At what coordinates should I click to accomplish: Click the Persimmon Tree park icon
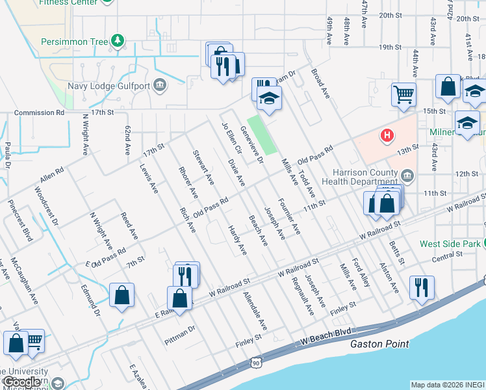118,42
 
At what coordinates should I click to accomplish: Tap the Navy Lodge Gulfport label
109,86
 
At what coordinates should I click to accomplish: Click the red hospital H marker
387,135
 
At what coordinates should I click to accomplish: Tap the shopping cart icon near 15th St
403,94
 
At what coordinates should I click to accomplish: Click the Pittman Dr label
179,331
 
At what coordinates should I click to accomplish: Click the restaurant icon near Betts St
422,287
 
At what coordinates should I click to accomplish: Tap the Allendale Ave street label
255,309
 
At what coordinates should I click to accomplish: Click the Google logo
21,382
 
